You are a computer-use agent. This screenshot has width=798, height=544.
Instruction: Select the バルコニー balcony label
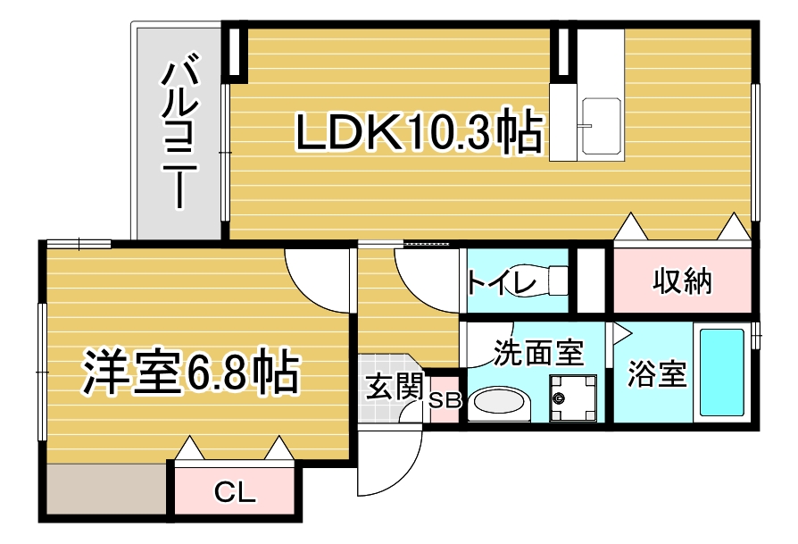click(x=179, y=134)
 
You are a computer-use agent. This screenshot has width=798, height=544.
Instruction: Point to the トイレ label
click(x=502, y=282)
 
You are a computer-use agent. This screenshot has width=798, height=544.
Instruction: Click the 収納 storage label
click(x=682, y=280)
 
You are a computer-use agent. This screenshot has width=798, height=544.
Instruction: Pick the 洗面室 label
click(x=538, y=353)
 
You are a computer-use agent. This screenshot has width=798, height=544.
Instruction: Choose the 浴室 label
click(x=657, y=373)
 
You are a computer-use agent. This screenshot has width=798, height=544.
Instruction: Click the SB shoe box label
click(x=445, y=401)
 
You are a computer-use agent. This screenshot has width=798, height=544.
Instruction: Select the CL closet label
click(x=235, y=492)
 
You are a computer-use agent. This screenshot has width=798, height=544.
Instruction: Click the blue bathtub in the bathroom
click(x=721, y=372)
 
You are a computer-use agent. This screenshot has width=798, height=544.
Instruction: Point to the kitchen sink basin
click(x=602, y=125)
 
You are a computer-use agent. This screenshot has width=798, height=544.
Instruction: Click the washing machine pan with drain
click(x=573, y=398)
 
